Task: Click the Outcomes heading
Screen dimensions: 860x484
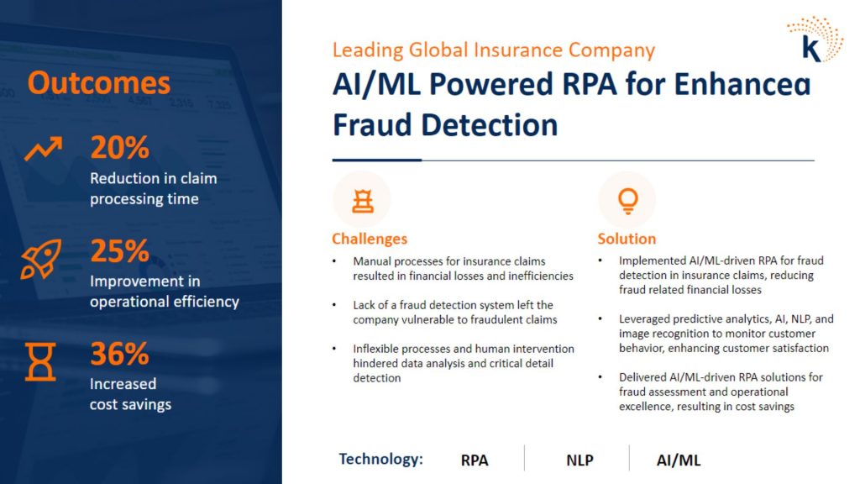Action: click(x=99, y=83)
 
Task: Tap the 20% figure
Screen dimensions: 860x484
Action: click(x=119, y=148)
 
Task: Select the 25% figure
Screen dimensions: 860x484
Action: click(x=119, y=250)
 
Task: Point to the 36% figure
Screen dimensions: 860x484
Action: click(x=119, y=354)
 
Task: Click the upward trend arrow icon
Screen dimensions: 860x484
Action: click(x=44, y=149)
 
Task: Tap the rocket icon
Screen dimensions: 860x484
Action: click(x=41, y=259)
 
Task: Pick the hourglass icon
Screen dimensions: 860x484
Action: click(x=40, y=361)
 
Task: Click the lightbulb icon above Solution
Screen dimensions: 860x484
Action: click(x=628, y=201)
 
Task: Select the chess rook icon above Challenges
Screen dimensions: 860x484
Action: click(x=363, y=201)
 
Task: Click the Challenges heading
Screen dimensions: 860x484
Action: click(x=370, y=239)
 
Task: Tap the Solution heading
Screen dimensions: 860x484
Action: click(x=627, y=239)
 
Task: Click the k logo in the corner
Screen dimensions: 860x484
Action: click(x=815, y=39)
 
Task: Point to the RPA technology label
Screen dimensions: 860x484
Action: click(x=475, y=460)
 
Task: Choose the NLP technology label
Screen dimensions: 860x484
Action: click(x=579, y=460)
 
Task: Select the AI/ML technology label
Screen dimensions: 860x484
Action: click(x=679, y=460)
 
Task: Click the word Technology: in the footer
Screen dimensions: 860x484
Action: click(x=380, y=459)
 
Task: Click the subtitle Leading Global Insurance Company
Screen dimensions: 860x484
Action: click(x=494, y=50)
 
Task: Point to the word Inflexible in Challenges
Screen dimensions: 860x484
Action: click(x=375, y=349)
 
